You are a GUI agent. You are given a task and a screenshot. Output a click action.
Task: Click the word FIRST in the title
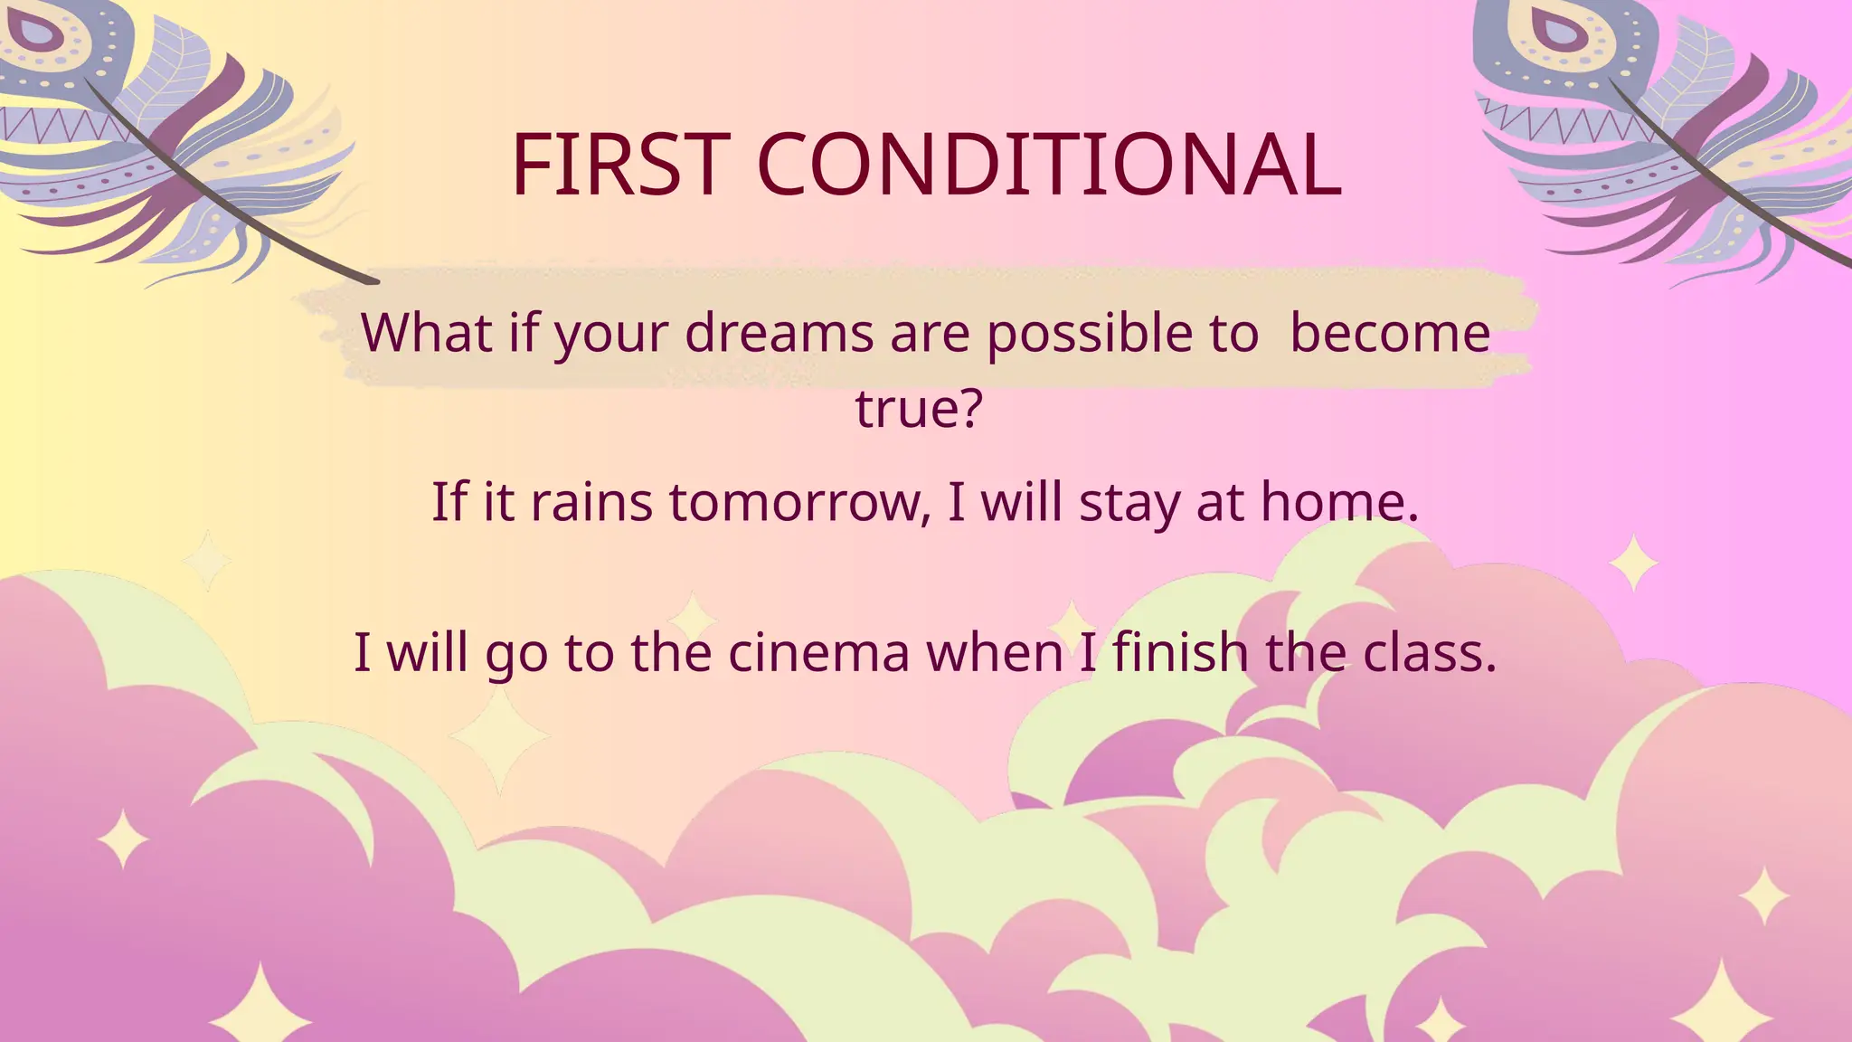[620, 165]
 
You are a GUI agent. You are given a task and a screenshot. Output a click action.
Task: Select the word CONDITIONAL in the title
[1048, 165]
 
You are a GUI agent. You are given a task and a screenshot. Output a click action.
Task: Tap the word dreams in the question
[779, 333]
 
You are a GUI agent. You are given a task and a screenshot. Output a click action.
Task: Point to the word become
[1390, 333]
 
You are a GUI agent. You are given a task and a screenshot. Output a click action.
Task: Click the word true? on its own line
[919, 408]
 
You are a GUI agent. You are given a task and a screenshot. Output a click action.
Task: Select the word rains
[591, 502]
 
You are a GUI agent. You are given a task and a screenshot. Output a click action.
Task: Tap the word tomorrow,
[799, 502]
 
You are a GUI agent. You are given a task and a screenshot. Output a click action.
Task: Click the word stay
[1129, 502]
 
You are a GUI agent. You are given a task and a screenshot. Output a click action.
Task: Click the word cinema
[818, 652]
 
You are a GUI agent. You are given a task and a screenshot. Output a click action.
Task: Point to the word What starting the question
[425, 333]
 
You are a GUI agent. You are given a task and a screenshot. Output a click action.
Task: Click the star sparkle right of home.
[1633, 563]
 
